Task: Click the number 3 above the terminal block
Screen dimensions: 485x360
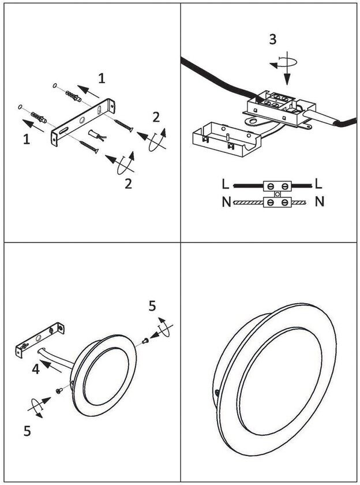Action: click(x=272, y=39)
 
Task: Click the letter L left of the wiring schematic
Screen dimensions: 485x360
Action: click(x=225, y=185)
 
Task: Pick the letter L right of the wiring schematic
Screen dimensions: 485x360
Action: click(x=319, y=185)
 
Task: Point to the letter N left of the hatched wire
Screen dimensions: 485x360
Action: click(x=225, y=202)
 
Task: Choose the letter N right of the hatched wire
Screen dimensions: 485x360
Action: click(x=320, y=202)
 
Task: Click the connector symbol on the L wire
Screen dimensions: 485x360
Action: click(x=277, y=186)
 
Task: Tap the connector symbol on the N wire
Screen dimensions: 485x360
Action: click(x=277, y=203)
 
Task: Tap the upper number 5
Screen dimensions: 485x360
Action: click(x=152, y=306)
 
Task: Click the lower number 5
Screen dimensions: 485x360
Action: click(x=27, y=430)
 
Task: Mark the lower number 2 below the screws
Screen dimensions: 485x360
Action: click(x=128, y=184)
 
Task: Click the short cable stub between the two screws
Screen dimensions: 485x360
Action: click(x=96, y=136)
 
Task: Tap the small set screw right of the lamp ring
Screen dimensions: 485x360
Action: click(x=145, y=341)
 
